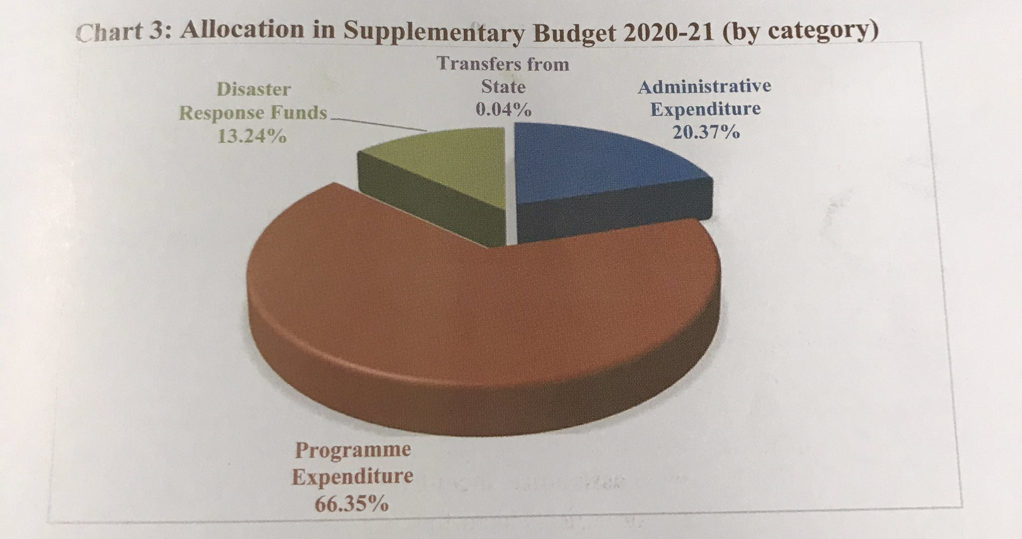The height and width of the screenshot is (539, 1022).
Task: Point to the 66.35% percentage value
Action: point(351,504)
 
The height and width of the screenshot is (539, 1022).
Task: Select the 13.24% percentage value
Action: point(253,136)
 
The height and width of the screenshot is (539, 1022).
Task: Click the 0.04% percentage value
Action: point(503,110)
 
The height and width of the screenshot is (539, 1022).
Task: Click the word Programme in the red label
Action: point(353,450)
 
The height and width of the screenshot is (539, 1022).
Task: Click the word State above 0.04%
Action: point(503,87)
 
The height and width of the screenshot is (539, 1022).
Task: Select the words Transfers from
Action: point(503,64)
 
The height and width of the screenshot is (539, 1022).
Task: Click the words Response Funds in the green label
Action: point(253,113)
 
